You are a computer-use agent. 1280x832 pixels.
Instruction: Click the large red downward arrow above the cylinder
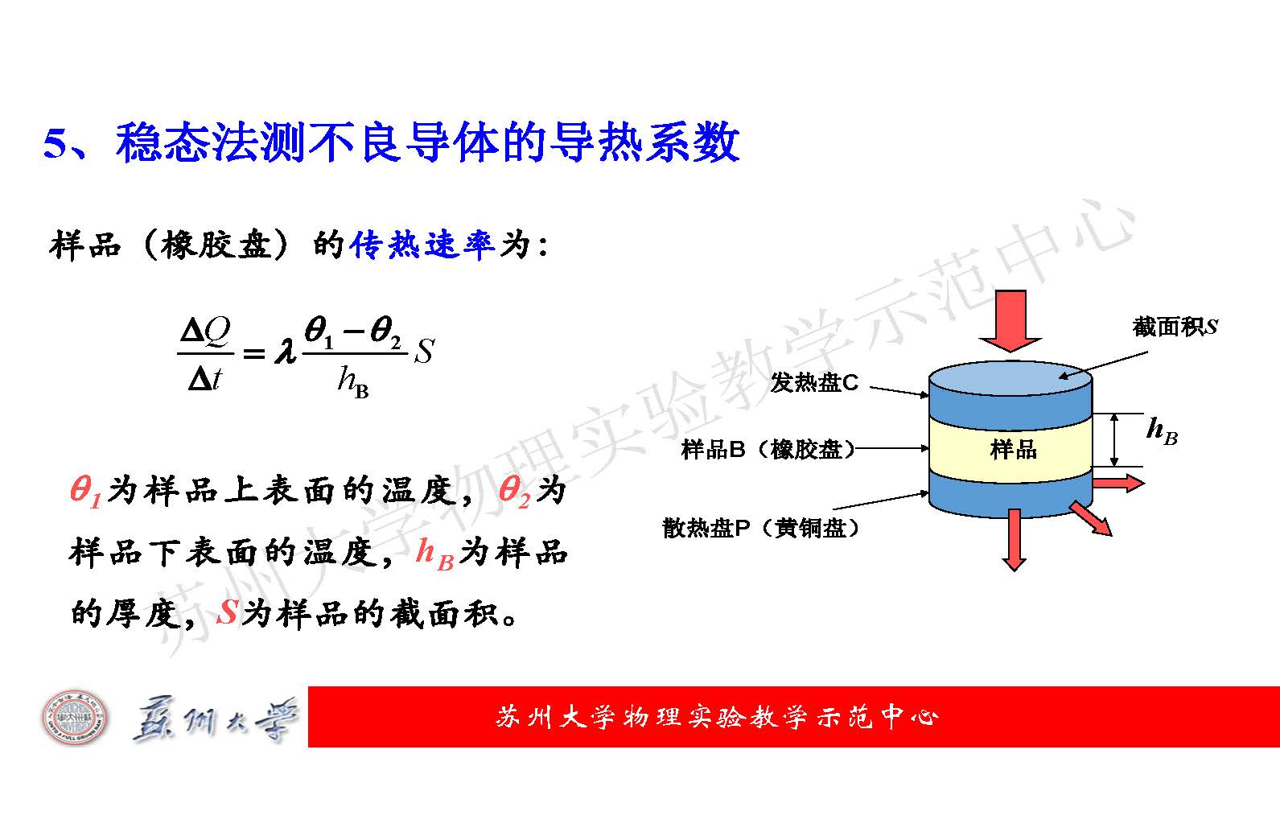(1010, 320)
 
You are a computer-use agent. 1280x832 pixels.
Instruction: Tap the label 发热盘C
(814, 382)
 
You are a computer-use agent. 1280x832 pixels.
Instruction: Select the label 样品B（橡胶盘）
(768, 450)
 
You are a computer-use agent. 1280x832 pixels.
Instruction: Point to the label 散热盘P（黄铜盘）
(760, 527)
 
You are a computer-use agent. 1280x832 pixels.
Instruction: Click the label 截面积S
(1175, 327)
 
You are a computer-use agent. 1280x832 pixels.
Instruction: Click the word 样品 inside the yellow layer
(1013, 450)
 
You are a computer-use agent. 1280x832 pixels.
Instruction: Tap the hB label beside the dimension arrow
(1162, 430)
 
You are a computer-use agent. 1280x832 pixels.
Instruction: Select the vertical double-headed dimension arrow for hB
(1113, 440)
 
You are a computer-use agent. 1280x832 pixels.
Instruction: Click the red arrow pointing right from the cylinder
(1118, 484)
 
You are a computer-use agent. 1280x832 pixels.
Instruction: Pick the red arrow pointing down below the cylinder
(1015, 539)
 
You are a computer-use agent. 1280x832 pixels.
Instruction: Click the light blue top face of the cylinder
(1010, 378)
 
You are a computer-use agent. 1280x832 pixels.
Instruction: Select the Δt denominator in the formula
(204, 378)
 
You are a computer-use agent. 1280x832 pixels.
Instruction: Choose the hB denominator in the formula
(353, 381)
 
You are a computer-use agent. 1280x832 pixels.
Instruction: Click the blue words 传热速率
(422, 245)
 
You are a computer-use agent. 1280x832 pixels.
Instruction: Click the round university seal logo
(74, 718)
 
